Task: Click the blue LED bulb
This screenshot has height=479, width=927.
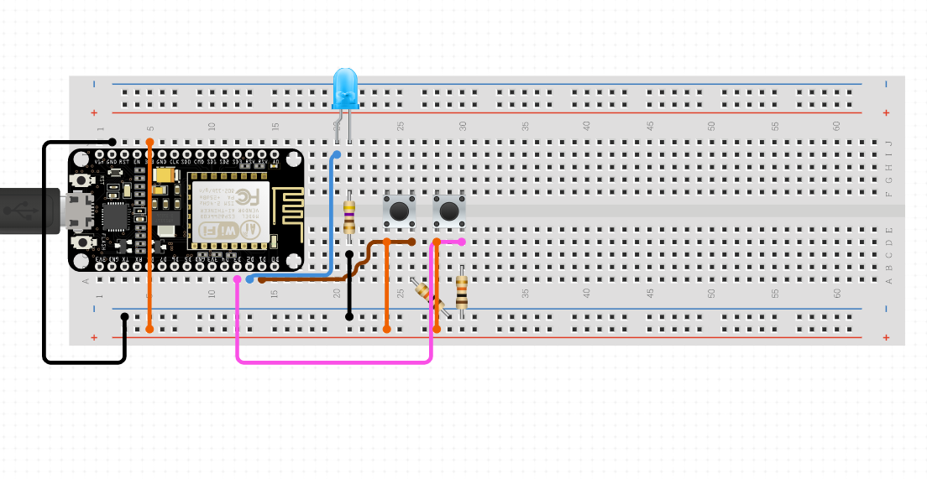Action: coord(344,89)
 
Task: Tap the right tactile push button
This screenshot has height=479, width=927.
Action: coord(449,211)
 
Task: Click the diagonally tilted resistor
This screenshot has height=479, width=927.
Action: coord(428,295)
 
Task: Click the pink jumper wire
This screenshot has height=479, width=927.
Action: coord(336,362)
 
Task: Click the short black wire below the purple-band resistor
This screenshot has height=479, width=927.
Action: coord(349,285)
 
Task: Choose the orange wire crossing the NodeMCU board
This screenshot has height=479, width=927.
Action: coord(149,235)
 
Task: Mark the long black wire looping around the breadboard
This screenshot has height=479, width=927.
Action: coord(45,252)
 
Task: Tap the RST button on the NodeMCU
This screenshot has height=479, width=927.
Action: coord(82,180)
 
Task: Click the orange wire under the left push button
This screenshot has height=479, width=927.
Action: coord(386,285)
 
